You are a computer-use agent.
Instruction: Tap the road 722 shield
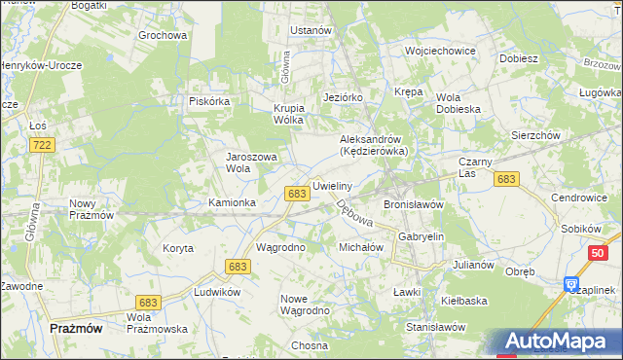41,144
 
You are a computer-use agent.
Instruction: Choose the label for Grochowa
162,36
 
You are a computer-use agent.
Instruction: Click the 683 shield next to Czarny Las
505,179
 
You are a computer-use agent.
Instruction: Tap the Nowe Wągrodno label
305,305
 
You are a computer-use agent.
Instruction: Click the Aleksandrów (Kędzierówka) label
380,145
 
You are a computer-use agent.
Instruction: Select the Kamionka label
233,202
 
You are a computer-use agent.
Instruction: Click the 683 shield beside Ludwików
236,266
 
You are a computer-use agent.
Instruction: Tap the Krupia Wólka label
289,114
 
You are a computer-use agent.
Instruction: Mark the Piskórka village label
208,100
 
